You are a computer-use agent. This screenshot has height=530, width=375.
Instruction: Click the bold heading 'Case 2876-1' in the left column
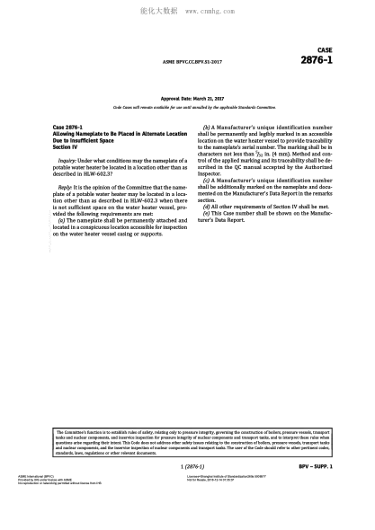coord(68,128)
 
